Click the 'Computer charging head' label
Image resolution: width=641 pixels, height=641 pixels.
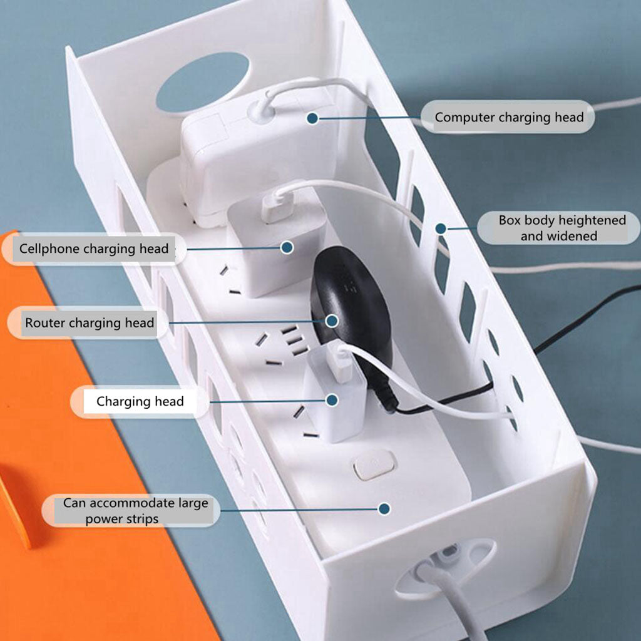coord(508,117)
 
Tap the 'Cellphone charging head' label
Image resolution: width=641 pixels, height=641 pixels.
coord(94,249)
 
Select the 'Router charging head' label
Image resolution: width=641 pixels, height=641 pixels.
coord(89,323)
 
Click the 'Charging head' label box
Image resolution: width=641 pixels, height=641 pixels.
coord(140,401)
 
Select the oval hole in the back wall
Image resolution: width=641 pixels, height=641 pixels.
coord(202,82)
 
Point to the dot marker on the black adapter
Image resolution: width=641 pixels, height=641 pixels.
coord(332,320)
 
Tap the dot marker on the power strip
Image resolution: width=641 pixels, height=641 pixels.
coord(384,509)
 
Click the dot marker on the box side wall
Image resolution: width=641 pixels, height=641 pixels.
coord(441,228)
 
